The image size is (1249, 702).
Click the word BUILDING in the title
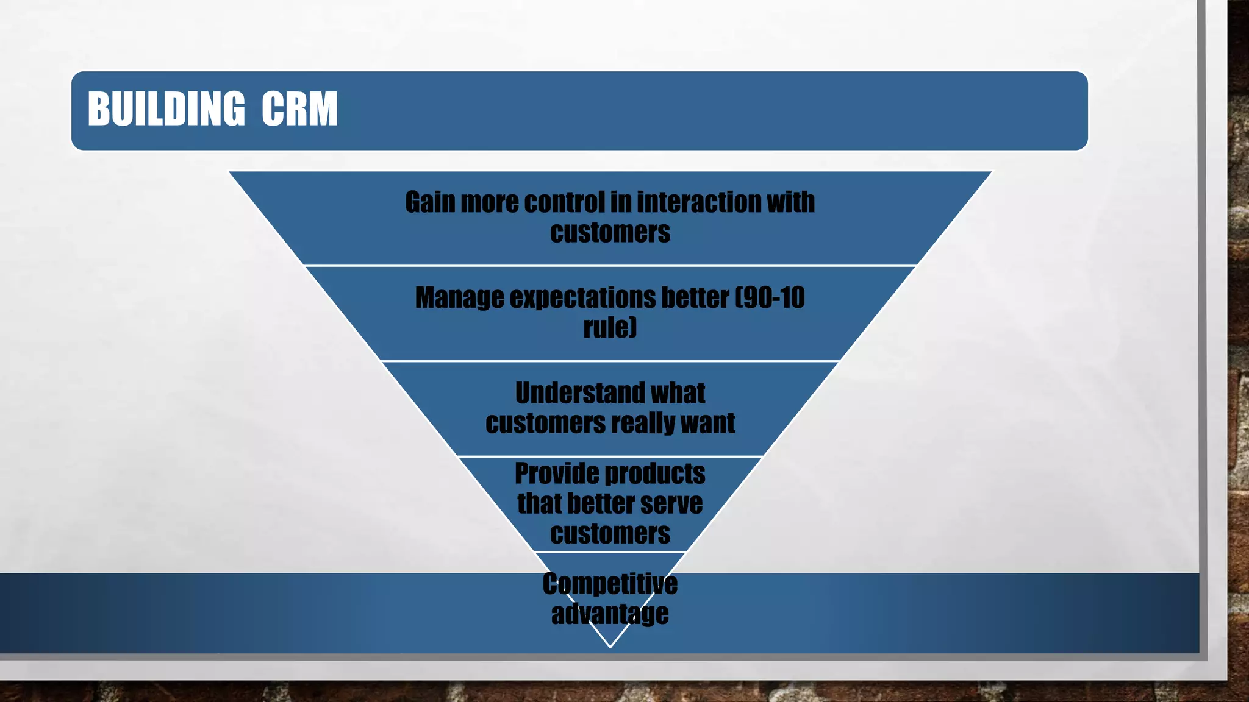point(166,110)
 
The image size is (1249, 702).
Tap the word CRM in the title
point(299,110)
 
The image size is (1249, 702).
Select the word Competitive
point(610,584)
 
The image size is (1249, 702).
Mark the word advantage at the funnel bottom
point(610,614)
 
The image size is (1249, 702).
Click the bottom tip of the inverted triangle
point(610,646)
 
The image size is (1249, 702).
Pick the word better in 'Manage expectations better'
point(695,298)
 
